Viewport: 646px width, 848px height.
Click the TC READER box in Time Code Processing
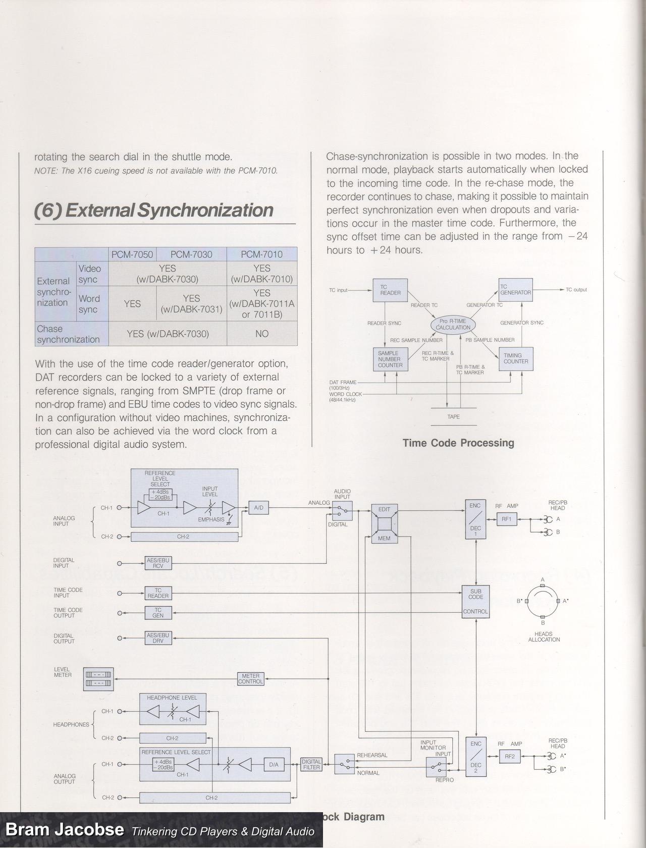tap(390, 290)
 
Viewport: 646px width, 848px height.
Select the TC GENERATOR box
tap(515, 290)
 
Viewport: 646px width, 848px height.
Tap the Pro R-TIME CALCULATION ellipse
tap(453, 325)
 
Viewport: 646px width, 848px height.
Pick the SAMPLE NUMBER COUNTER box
tap(390, 359)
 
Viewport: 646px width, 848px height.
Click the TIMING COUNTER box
tap(515, 359)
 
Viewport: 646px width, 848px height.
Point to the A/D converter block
tap(258, 508)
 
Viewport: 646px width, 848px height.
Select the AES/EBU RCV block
tap(158, 563)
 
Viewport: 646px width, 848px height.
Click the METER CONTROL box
tap(251, 679)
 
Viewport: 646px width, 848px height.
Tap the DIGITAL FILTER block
tap(311, 764)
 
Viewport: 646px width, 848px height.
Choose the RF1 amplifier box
tap(507, 519)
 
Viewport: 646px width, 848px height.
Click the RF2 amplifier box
tap(510, 756)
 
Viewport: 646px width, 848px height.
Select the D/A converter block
tap(274, 765)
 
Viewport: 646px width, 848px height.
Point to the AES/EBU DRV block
tap(158, 638)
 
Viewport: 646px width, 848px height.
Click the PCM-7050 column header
tap(132, 254)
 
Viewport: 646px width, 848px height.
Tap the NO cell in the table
tap(261, 334)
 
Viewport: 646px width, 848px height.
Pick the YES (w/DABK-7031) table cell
tap(191, 304)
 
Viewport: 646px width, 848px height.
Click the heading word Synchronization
tap(205, 210)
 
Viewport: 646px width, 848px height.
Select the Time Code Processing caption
tap(458, 443)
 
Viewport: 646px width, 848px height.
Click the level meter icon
tap(98, 679)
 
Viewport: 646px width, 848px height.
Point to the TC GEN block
tap(158, 613)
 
